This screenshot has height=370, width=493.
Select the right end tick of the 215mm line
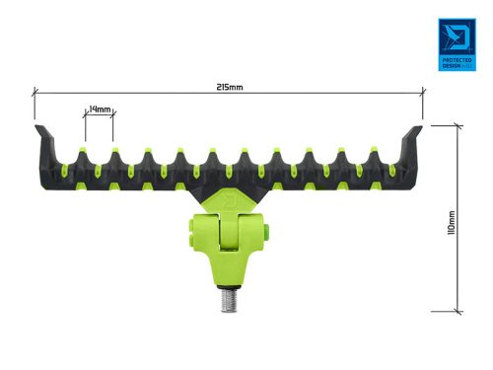click(424, 93)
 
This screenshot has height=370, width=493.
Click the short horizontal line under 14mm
click(99, 116)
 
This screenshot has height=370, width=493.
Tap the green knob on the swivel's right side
click(267, 234)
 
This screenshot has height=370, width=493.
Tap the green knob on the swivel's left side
click(185, 234)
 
